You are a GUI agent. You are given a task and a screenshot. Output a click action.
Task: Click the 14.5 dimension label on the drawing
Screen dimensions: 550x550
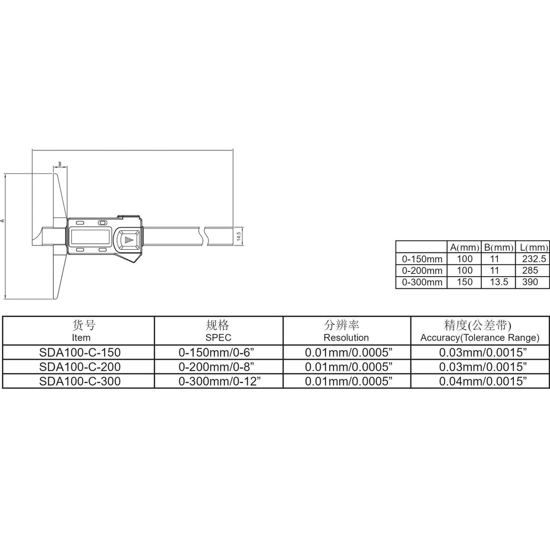239,236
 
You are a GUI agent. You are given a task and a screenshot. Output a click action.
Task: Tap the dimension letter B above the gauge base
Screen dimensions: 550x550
60,164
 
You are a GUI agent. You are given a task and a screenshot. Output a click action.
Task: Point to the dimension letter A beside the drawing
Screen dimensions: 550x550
2,221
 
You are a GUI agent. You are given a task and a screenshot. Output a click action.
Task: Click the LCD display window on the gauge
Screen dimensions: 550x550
91,237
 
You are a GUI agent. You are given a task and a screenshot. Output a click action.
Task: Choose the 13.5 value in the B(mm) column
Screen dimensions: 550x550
498,282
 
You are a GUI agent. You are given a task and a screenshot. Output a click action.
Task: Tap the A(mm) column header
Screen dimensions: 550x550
465,247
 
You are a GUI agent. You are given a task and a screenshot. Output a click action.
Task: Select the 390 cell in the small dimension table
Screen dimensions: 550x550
530,282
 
